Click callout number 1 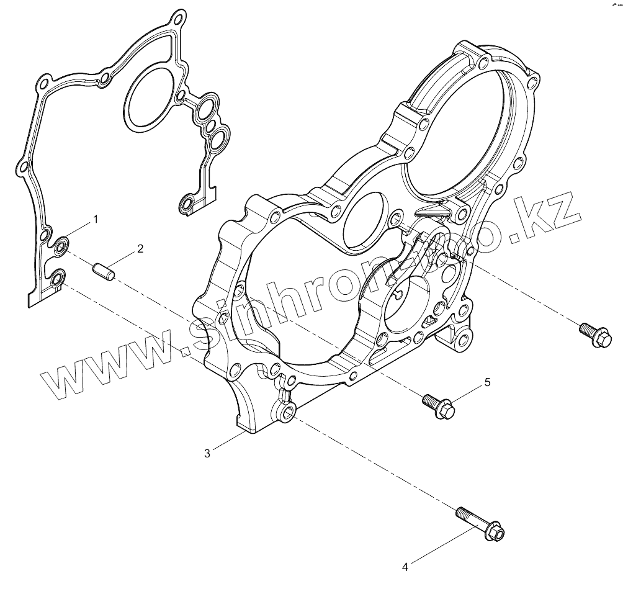click(x=96, y=219)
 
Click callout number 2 click(x=140, y=249)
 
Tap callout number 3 click(x=207, y=452)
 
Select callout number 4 click(x=405, y=566)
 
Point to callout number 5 click(x=487, y=382)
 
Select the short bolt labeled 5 click(x=439, y=405)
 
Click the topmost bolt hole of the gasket click(x=179, y=16)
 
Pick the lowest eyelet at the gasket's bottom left click(x=57, y=279)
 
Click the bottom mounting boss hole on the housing click(x=287, y=412)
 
